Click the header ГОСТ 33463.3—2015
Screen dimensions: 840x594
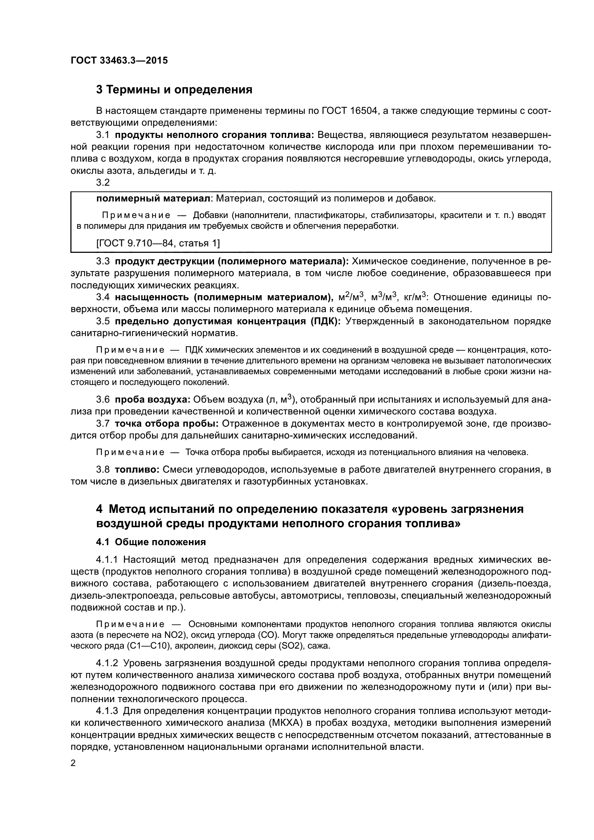coord(119,61)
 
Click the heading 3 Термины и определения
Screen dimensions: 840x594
coord(174,90)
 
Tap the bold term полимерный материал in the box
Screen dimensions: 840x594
coord(154,199)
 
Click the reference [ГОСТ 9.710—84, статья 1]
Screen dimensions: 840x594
coord(158,243)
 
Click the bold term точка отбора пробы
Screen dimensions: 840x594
coord(167,424)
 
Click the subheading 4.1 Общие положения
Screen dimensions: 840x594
coord(151,542)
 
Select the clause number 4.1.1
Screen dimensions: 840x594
coord(107,560)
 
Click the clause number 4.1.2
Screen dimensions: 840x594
coord(107,663)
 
